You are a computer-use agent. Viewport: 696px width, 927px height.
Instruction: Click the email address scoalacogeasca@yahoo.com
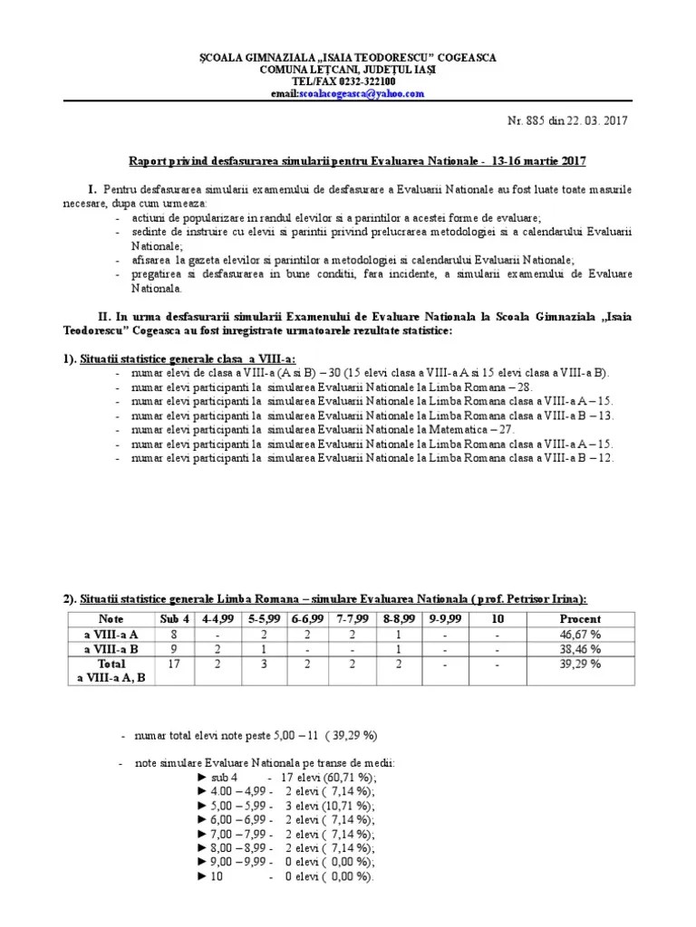362,94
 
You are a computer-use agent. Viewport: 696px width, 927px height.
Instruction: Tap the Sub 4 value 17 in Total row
174,664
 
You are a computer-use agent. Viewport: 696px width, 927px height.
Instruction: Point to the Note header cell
112,618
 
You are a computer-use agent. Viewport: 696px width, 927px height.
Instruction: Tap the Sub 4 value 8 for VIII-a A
174,635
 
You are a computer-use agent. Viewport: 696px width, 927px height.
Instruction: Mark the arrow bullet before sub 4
201,778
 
